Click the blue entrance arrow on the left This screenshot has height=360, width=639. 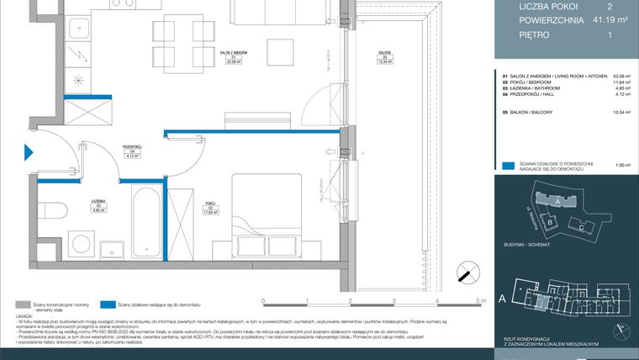[x=29, y=153]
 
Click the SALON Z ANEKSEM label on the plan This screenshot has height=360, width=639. [x=199, y=56]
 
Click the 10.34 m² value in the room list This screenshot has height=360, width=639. [x=599, y=111]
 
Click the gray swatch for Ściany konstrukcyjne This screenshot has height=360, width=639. [x=22, y=304]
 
